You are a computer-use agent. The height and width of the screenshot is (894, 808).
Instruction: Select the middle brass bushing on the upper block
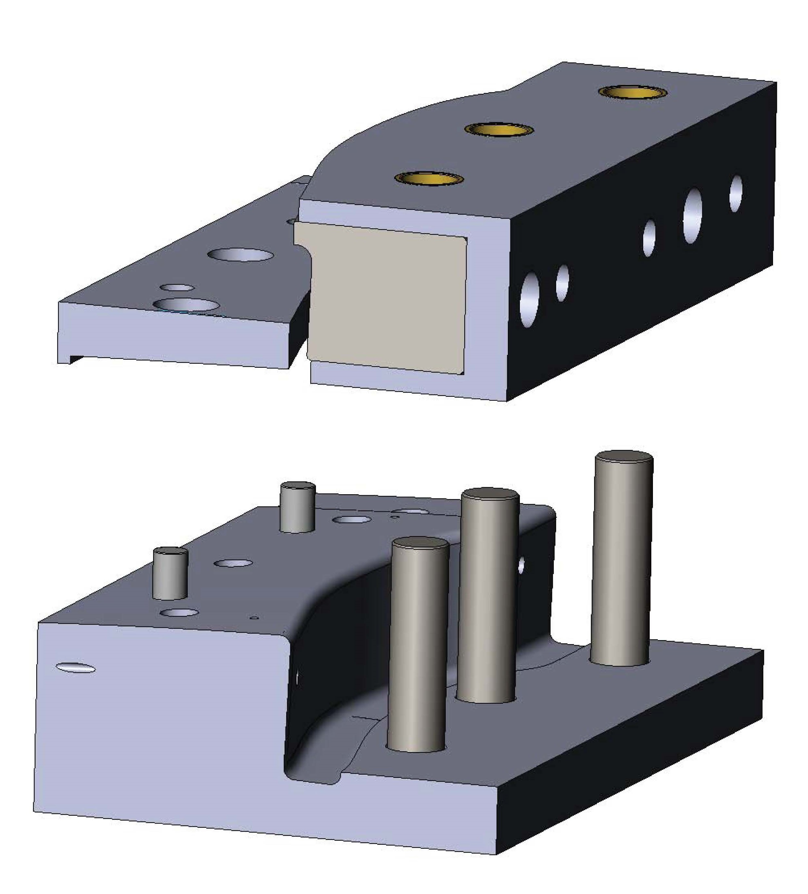point(499,129)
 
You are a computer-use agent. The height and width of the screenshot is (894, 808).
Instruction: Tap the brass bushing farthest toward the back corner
point(633,92)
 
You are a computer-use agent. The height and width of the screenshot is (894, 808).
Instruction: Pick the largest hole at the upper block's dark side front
point(529,300)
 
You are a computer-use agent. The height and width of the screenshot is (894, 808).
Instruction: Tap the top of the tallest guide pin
point(624,458)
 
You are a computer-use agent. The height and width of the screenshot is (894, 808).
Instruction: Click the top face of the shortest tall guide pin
point(420,544)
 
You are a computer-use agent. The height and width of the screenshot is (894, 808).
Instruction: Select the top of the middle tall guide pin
point(490,495)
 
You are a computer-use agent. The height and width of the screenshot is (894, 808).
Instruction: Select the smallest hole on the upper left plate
point(177,287)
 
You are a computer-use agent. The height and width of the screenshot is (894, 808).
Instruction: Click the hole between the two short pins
point(233,563)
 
